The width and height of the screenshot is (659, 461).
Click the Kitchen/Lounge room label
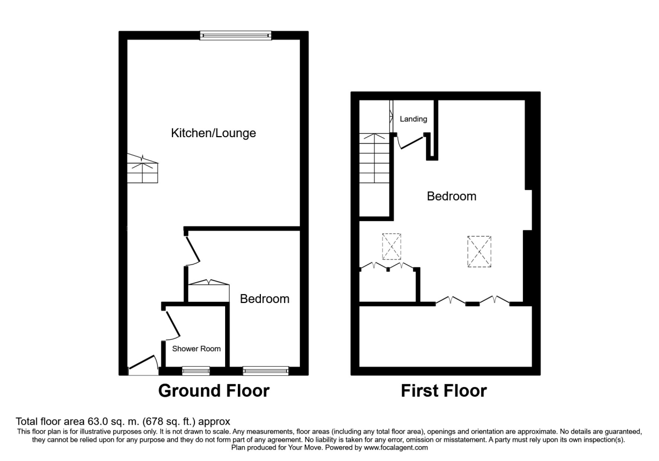(214, 133)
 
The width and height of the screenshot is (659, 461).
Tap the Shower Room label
(197, 348)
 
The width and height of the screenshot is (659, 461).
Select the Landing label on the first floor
(413, 119)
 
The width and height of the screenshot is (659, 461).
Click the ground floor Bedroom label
(265, 299)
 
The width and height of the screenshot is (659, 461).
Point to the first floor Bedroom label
(451, 196)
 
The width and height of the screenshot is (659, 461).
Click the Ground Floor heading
(214, 391)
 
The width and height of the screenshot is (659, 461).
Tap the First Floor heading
(444, 391)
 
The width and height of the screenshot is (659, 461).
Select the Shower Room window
(196, 371)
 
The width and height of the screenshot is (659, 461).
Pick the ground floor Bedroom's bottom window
(266, 371)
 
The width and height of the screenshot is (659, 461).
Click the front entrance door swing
(143, 365)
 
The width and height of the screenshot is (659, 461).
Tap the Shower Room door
(172, 324)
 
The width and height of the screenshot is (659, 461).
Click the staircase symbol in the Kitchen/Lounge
(143, 170)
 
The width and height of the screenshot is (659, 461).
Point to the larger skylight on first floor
(479, 251)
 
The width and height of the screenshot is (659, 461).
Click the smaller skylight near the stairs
(392, 246)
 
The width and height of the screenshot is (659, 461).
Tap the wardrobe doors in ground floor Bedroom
(208, 283)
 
